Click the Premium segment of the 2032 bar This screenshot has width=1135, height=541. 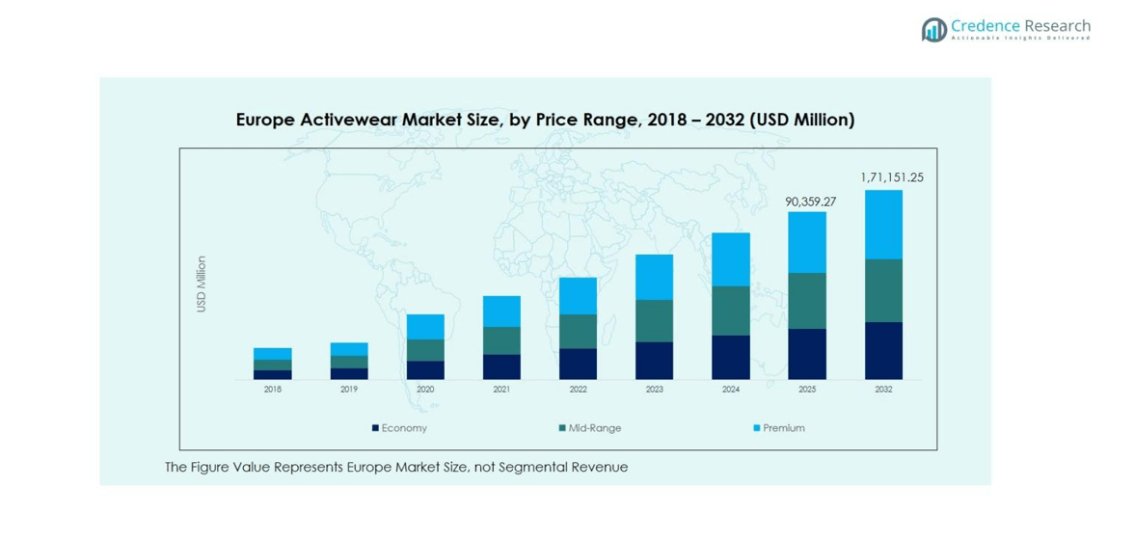coord(883,225)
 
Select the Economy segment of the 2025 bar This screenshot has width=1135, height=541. coord(807,354)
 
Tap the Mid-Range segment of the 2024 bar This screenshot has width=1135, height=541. coord(731,311)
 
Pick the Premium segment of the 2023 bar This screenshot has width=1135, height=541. coord(654,277)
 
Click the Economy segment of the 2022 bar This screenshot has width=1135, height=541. coord(578,364)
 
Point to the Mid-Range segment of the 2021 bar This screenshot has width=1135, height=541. coord(501,340)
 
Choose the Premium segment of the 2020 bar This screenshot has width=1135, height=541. coord(425,327)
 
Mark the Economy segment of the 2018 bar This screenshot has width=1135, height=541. coord(273,374)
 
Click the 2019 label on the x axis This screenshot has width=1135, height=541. coord(349,390)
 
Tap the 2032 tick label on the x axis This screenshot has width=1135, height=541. coord(883,390)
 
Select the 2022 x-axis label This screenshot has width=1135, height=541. coord(578,390)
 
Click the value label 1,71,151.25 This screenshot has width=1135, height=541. coord(891,177)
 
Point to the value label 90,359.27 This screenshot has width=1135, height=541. coord(810,202)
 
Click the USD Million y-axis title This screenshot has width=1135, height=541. coord(202,284)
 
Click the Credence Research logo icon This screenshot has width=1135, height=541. coord(932,30)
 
